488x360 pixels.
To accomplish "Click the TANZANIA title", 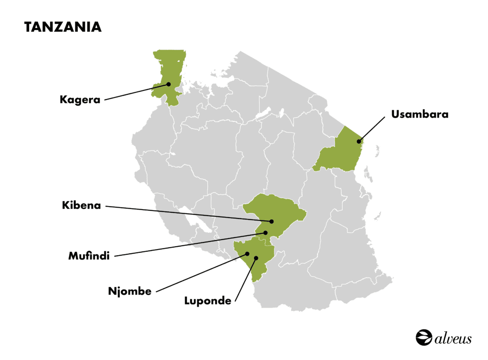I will pyautogui.click(x=63, y=27).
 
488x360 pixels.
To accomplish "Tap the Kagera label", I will pyautogui.click(x=80, y=100).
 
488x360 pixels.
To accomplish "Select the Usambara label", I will pyautogui.click(x=419, y=114).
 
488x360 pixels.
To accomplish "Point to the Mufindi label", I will pyautogui.click(x=89, y=256).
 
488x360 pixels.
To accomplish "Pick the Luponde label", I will pyautogui.click(x=208, y=301).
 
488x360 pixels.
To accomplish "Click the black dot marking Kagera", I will pyautogui.click(x=169, y=84).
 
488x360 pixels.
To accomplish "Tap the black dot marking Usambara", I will pyautogui.click(x=359, y=141).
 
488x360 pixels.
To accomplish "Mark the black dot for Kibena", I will pyautogui.click(x=272, y=221).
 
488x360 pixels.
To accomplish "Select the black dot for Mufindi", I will pyautogui.click(x=266, y=233).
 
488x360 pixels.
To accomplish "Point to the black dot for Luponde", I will pyautogui.click(x=256, y=259).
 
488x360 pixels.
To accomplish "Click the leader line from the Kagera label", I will pyautogui.click(x=136, y=92).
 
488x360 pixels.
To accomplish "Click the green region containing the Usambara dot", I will pyautogui.click(x=341, y=152).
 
